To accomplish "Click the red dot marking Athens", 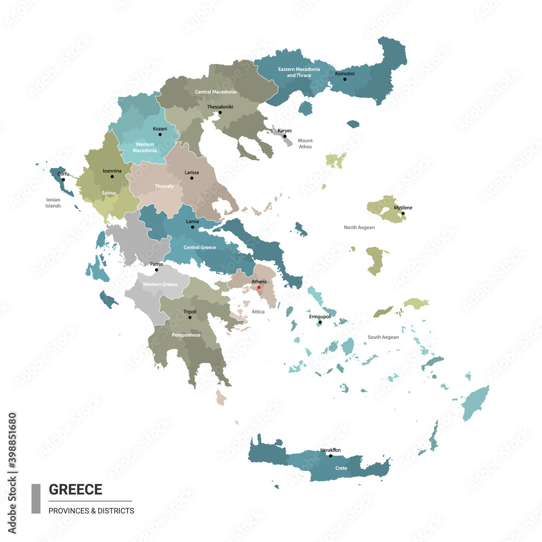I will (259, 287).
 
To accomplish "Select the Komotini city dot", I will (344, 80).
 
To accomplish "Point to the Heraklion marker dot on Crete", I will (331, 456).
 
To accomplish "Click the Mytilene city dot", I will (403, 213).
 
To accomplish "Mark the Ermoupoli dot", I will (320, 322).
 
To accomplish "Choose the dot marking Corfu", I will (63, 179).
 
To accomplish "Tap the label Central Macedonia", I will (216, 92).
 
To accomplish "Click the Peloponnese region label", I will (186, 335).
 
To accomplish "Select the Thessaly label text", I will (164, 186).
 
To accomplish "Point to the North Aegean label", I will (359, 228).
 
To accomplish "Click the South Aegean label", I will (383, 337).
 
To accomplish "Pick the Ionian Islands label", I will (53, 203).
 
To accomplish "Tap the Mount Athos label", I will (305, 144).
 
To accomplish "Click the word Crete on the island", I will (341, 468).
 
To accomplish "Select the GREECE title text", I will (75, 489).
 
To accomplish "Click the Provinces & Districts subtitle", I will (91, 511).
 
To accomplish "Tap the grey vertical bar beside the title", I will (36, 499).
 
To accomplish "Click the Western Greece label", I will (160, 285).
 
